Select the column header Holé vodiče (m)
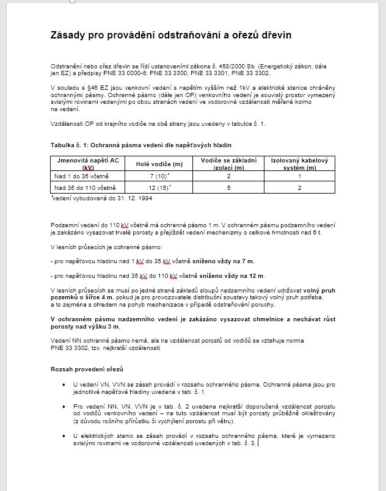pyautogui.click(x=159, y=164)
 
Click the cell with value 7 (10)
pyautogui.click(x=159, y=176)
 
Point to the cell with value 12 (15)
pyautogui.click(x=159, y=187)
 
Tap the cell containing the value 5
pyautogui.click(x=228, y=187)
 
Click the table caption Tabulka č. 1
pyautogui.click(x=71, y=145)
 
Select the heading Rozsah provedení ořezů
pyautogui.click(x=87, y=369)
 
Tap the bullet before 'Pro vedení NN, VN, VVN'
pyautogui.click(x=64, y=405)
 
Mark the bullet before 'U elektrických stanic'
pyautogui.click(x=64, y=435)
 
